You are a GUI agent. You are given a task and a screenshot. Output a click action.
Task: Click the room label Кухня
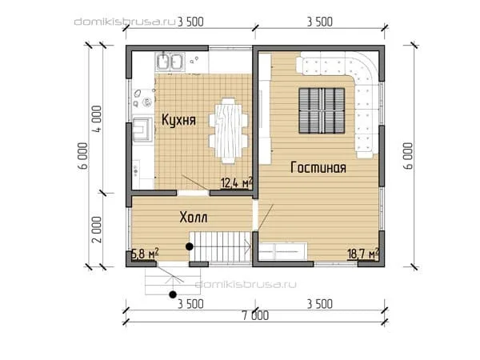pos(178,120)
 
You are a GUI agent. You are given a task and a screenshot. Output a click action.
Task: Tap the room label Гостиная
pos(318,167)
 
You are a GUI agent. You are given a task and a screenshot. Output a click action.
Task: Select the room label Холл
pos(193,218)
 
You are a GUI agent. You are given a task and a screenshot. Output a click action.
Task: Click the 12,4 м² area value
pos(236,182)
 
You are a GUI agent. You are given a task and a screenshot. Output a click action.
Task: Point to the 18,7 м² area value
pos(363,254)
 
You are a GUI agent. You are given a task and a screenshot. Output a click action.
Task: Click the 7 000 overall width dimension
pos(256,316)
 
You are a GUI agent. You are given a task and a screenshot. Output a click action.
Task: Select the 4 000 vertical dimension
pos(97,118)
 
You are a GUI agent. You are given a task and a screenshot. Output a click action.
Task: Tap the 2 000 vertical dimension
pos(97,230)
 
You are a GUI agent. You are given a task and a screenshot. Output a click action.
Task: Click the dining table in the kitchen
pos(228,131)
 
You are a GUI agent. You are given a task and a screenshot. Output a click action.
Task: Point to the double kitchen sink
pos(170,62)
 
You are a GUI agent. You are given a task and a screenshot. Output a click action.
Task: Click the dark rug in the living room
pos(322,111)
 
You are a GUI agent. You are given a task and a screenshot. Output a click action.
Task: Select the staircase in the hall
pos(221,246)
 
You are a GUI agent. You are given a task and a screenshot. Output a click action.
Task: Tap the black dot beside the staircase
pos(190,246)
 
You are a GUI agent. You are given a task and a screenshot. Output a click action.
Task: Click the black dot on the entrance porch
pos(173,294)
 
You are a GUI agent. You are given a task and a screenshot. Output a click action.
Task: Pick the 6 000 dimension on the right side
pos(409,155)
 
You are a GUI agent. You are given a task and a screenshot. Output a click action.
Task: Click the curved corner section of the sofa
pos(364,67)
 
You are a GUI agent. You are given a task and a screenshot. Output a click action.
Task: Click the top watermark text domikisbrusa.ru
pos(125,22)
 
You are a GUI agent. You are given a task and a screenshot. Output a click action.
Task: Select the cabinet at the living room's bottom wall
pos(282,252)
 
